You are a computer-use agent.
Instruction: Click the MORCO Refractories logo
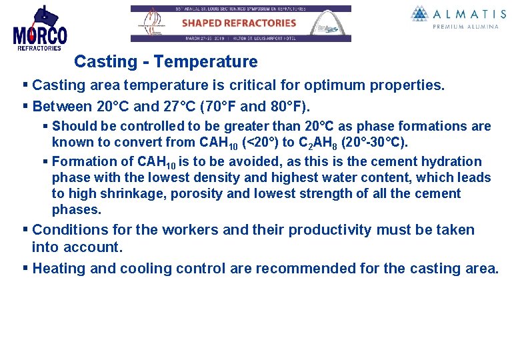click(x=39, y=29)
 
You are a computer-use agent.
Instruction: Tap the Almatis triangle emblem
click(x=420, y=13)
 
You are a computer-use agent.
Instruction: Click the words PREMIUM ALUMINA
click(x=465, y=27)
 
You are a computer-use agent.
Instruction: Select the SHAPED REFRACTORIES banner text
click(x=239, y=23)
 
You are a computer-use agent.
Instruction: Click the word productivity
click(x=329, y=230)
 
